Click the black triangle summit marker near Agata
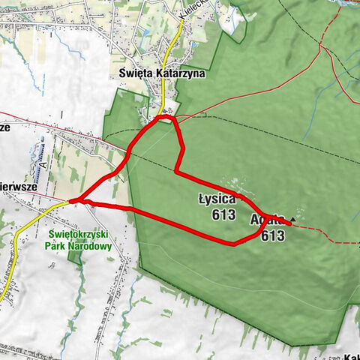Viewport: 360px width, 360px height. (292, 220)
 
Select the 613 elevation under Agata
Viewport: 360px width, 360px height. (273, 235)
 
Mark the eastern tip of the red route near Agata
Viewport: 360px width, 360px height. (289, 224)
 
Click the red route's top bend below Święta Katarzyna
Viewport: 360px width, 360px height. (166, 117)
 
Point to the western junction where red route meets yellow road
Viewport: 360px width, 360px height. (73, 201)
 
